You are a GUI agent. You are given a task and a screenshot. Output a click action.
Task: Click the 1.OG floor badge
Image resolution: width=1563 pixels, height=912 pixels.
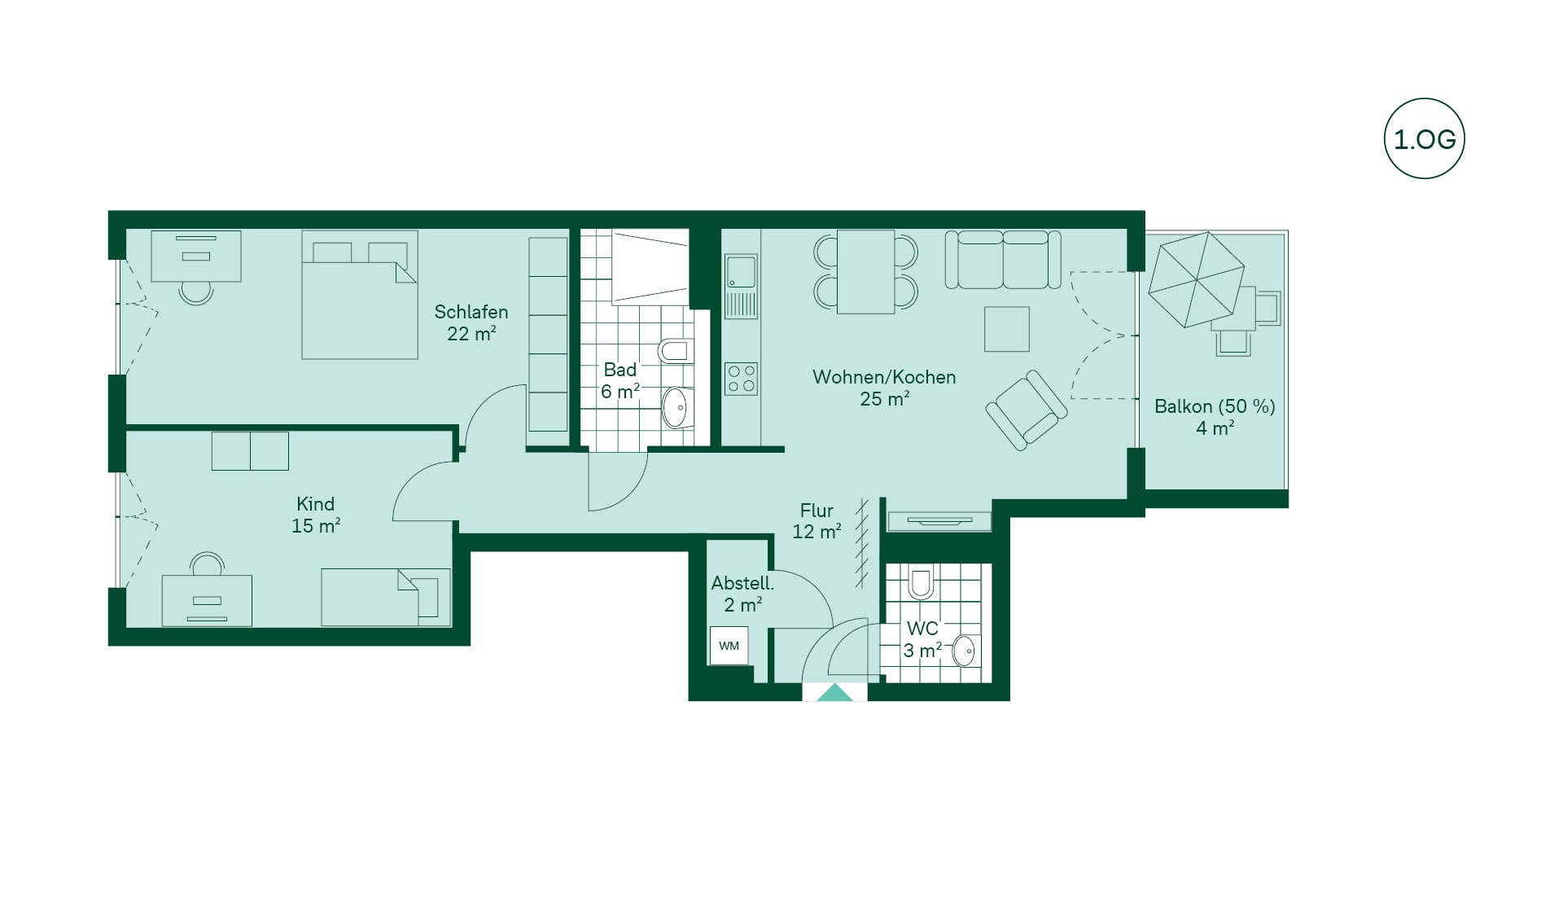pyautogui.click(x=1424, y=138)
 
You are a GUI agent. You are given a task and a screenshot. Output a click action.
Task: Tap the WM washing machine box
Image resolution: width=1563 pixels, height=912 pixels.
pyautogui.click(x=729, y=646)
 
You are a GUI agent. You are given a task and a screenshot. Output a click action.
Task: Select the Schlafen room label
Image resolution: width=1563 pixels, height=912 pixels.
pyautogui.click(x=471, y=312)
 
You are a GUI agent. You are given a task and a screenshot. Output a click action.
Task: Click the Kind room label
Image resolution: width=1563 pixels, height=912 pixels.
pyautogui.click(x=315, y=504)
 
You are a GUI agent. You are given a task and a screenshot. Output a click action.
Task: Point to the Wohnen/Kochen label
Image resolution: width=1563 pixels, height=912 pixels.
pyautogui.click(x=884, y=377)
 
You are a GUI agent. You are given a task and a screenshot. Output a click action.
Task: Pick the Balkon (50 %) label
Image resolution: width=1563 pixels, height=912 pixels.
pyautogui.click(x=1215, y=406)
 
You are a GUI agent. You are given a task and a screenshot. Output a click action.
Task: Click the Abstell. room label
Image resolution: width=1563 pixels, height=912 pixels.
pyautogui.click(x=742, y=583)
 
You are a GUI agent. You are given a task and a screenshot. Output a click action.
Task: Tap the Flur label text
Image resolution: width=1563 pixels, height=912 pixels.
pyautogui.click(x=817, y=511)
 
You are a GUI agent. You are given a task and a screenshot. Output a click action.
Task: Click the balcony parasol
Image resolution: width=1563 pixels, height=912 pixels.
pyautogui.click(x=1196, y=279)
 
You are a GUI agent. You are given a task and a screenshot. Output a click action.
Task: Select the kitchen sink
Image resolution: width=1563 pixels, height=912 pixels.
pyautogui.click(x=741, y=286)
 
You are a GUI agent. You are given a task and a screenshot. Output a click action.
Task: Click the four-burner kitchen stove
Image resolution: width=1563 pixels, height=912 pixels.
pyautogui.click(x=741, y=379)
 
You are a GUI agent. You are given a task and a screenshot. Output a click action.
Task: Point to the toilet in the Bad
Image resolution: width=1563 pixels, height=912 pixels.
pyautogui.click(x=676, y=351)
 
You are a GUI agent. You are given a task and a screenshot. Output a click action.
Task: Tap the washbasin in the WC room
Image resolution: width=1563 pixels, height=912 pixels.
pyautogui.click(x=965, y=651)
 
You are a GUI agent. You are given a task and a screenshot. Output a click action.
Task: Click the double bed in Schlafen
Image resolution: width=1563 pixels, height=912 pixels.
pyautogui.click(x=360, y=295)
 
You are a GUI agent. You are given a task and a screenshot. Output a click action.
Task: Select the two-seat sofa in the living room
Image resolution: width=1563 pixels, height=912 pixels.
pyautogui.click(x=1003, y=260)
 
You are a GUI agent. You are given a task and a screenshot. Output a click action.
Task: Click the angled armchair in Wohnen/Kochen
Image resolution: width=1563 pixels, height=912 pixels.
pyautogui.click(x=1027, y=410)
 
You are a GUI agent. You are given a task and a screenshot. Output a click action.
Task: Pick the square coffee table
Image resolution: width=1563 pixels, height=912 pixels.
pyautogui.click(x=1007, y=329)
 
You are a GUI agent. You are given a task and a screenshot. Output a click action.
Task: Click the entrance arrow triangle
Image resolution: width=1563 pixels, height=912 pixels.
pyautogui.click(x=834, y=692)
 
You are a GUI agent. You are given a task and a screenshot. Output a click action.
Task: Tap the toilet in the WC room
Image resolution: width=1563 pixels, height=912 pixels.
pyautogui.click(x=921, y=582)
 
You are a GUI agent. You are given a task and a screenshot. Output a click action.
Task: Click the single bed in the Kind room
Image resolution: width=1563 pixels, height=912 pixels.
pyautogui.click(x=386, y=597)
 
